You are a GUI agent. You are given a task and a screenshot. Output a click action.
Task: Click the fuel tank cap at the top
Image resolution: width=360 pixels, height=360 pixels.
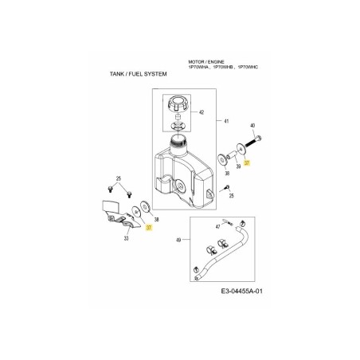click(x=175, y=104)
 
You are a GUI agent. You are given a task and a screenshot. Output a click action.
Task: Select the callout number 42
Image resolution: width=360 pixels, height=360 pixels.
click(x=202, y=113)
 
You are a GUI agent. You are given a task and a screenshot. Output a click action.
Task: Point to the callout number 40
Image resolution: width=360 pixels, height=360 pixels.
click(x=252, y=126)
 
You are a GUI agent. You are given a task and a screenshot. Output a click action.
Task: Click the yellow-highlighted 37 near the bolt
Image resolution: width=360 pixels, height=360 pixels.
click(x=247, y=162)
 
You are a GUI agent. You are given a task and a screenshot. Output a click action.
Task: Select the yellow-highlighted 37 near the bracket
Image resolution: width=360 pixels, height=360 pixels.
click(x=149, y=227)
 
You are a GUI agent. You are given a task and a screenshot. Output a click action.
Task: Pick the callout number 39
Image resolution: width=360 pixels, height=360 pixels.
click(x=238, y=168)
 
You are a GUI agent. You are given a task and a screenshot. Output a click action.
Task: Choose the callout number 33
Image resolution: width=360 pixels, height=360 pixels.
click(x=125, y=238)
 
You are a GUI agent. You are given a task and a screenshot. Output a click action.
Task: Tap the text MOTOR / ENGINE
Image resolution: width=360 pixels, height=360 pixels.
click(x=205, y=61)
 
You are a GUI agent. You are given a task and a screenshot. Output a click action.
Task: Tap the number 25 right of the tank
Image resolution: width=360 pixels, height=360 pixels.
click(x=231, y=196)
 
